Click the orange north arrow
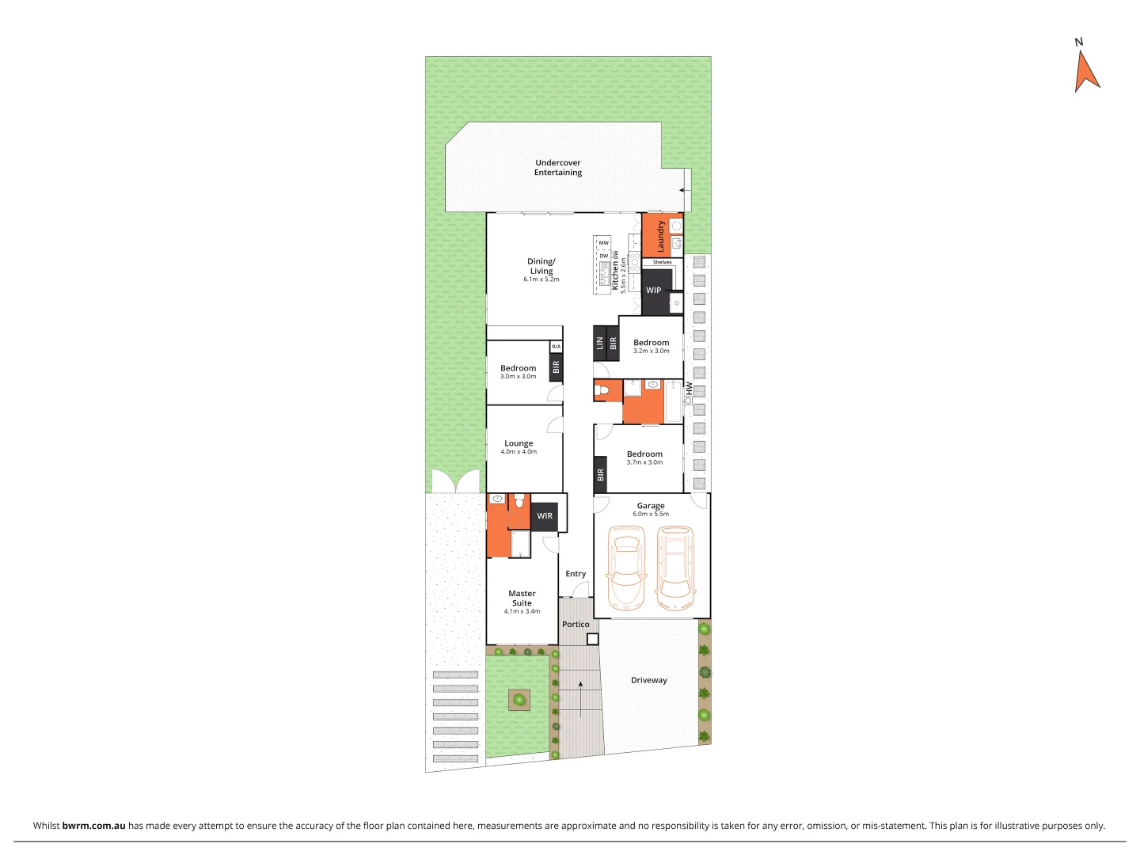point(1086,72)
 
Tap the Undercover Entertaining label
point(558,168)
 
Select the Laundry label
point(661,236)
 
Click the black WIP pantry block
point(654,290)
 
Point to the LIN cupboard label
point(600,344)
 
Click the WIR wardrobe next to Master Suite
point(545,516)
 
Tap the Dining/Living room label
point(541,266)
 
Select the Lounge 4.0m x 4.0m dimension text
point(519,452)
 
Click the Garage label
point(651,506)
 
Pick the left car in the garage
point(626,568)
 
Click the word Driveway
point(649,680)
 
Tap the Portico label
point(576,625)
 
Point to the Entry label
point(576,574)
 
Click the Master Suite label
point(522,598)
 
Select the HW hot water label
point(690,389)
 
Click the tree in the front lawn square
point(519,700)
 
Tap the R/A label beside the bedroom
point(556,347)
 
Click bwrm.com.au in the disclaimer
point(93,826)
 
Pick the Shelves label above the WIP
point(663,262)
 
